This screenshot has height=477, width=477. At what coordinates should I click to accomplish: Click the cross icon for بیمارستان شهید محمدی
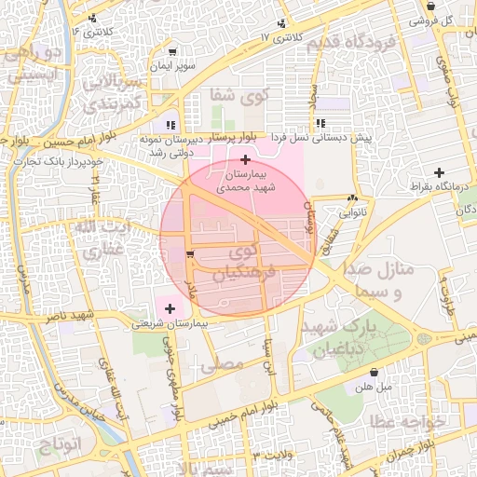coord(245,160)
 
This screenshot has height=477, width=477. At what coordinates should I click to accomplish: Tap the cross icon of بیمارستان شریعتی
coord(169,308)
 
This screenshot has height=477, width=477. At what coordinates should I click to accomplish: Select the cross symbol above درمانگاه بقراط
coord(439,172)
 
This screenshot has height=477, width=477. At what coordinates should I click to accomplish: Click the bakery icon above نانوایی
coord(352,198)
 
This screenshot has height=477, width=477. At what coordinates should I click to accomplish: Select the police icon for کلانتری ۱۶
coord(91,19)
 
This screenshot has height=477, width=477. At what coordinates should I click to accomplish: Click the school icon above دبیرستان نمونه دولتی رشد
coord(169,124)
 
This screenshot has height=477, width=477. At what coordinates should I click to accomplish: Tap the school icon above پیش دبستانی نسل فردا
coord(320,123)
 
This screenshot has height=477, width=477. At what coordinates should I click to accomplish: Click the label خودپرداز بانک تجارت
coord(57,162)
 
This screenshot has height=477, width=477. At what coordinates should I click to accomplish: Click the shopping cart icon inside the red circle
coord(190,254)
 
